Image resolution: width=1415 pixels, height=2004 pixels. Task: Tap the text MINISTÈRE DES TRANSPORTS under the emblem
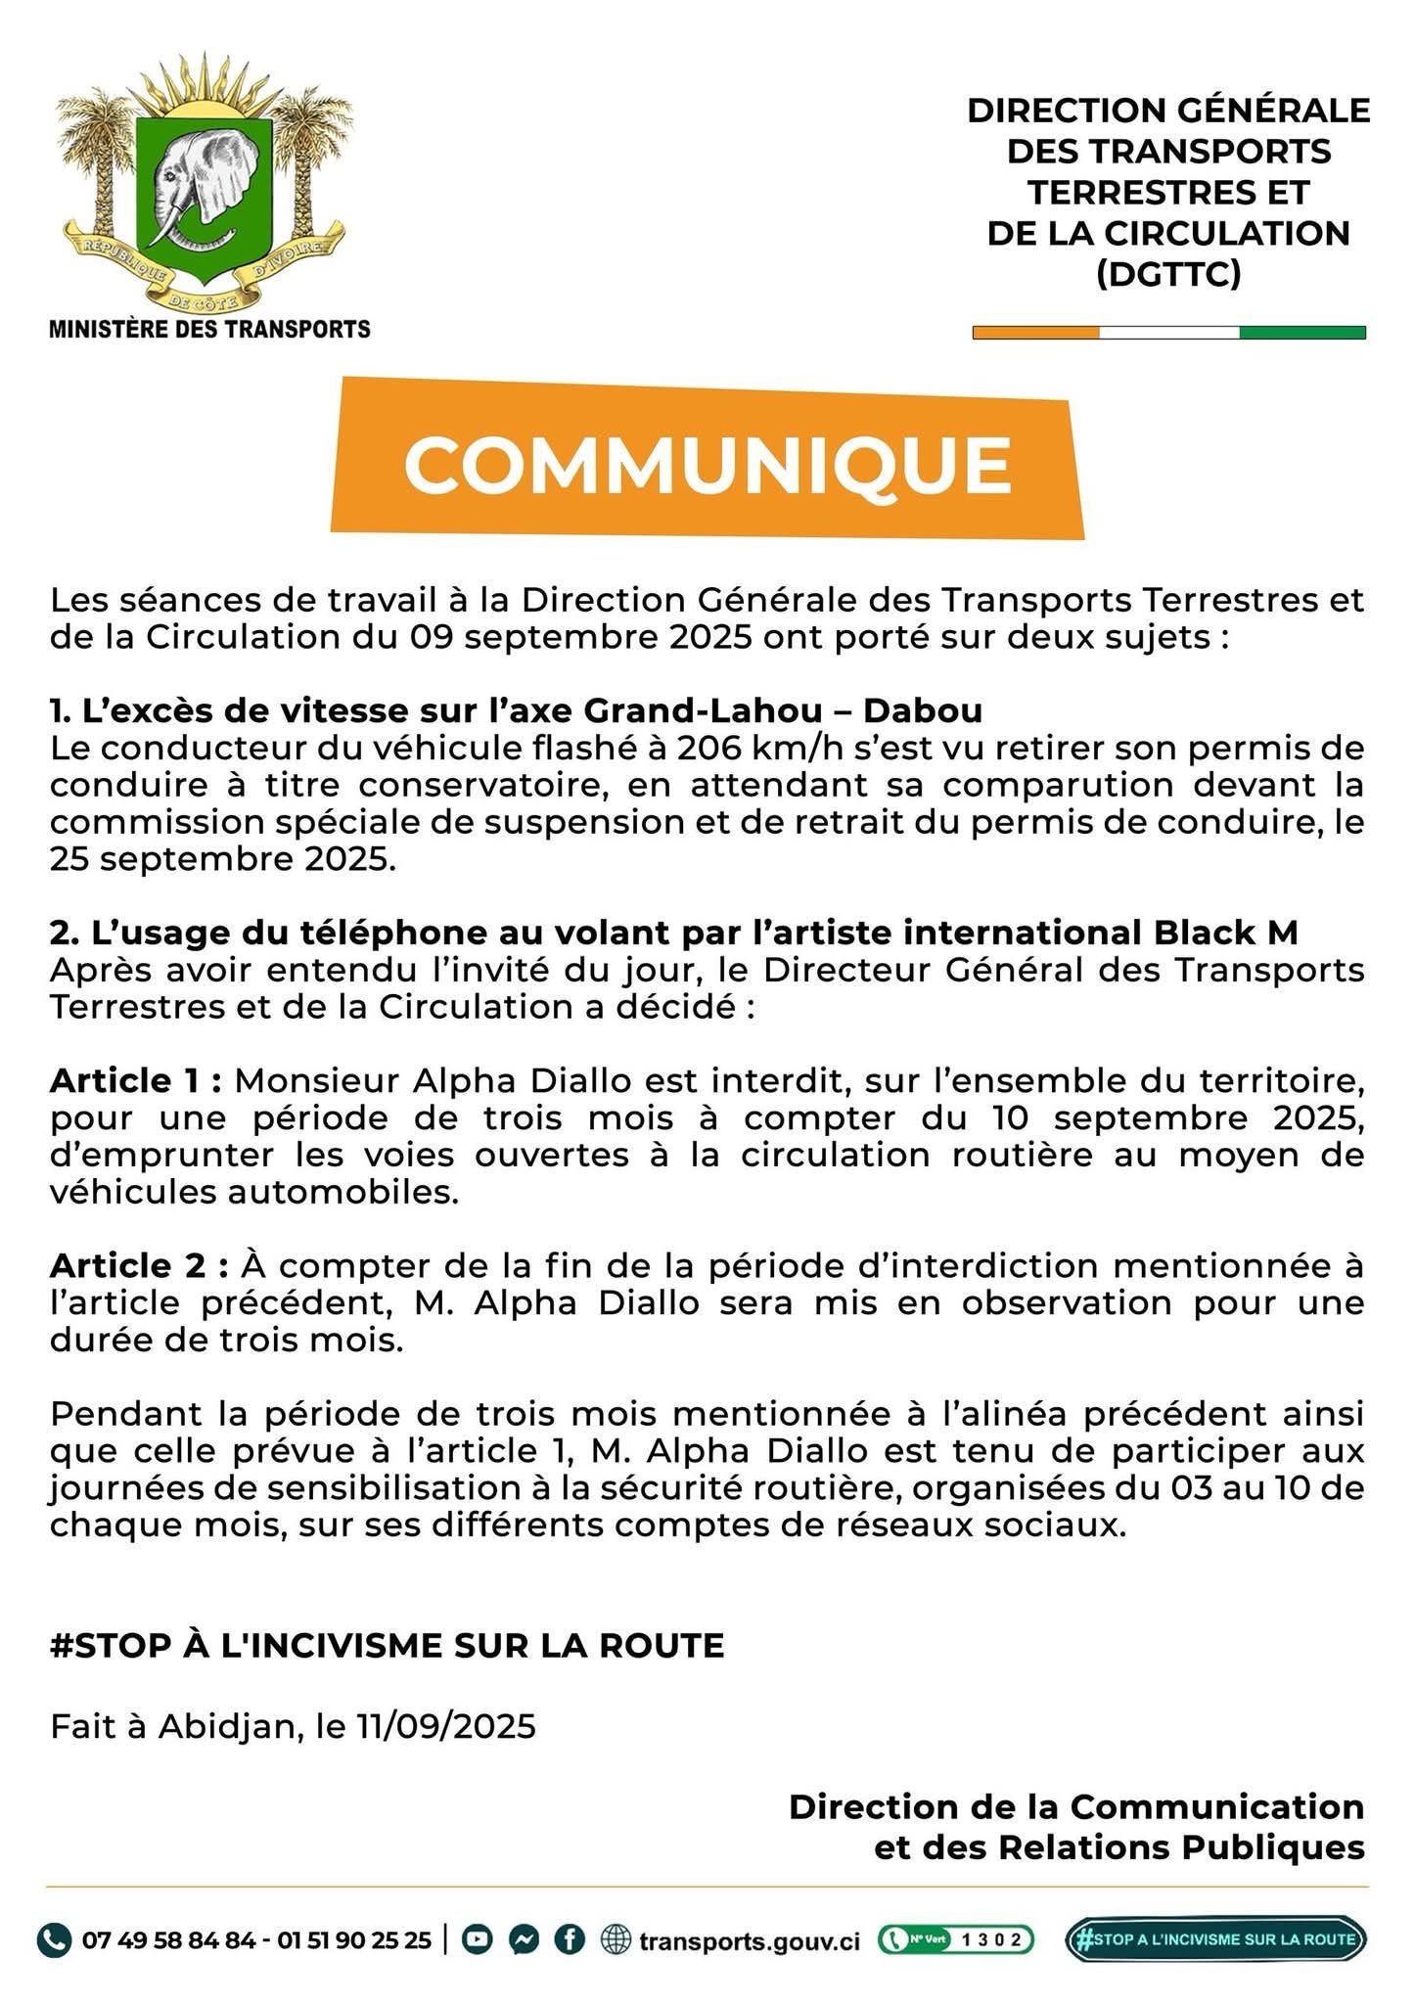click(209, 329)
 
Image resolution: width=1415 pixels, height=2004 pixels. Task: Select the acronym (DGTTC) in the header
click(1168, 274)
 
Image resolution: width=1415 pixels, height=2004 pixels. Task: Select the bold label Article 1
click(137, 1080)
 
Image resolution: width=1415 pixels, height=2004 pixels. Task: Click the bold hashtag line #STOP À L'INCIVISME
click(387, 1645)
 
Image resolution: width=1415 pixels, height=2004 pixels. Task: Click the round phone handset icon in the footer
click(54, 1938)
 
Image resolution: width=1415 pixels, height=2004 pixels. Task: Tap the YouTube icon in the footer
click(478, 1938)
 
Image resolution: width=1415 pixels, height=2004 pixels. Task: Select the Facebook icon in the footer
click(570, 1938)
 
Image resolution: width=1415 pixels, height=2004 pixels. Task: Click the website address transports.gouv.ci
click(750, 1939)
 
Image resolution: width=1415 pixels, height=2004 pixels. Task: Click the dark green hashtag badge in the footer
click(1215, 1938)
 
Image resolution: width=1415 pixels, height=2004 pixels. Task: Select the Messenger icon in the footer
click(524, 1938)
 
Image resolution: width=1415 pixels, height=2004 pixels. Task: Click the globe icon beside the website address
click(616, 1938)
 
